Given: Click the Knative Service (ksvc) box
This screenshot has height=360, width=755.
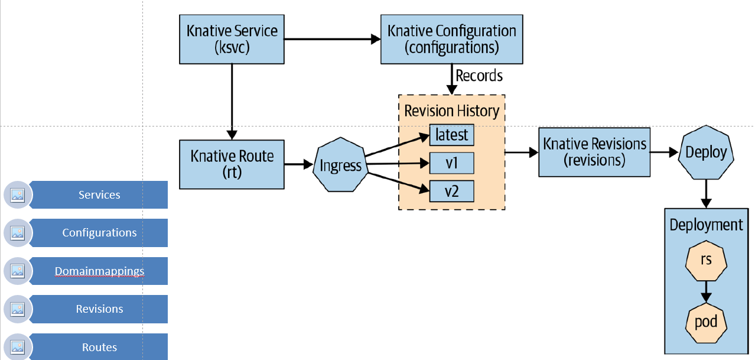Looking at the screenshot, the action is (x=232, y=39).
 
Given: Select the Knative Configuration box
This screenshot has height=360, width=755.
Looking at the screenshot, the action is (x=452, y=39).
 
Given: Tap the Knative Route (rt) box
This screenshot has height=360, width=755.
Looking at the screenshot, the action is (x=232, y=164).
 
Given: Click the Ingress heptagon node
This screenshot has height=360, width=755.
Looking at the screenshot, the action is (x=340, y=165).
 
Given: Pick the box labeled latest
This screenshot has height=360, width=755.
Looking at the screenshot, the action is (x=452, y=135).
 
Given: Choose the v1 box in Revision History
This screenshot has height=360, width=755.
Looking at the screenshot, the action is (x=452, y=163).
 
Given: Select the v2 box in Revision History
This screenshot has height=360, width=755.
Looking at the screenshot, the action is (x=452, y=192).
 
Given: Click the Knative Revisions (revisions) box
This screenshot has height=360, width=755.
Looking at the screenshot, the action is (x=594, y=152).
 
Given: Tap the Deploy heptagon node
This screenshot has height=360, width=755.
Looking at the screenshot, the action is (x=706, y=152).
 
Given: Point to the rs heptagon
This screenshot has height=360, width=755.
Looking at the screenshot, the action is (x=706, y=261).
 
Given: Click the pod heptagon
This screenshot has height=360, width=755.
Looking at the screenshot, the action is (x=706, y=323).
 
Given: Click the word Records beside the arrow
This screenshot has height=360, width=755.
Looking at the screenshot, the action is (x=479, y=76).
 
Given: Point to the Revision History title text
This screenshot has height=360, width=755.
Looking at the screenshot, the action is (x=452, y=111).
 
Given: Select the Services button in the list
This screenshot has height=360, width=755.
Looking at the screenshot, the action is (x=99, y=194).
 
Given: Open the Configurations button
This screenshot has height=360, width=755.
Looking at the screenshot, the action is (x=99, y=233).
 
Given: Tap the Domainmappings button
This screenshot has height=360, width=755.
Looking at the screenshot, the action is (x=99, y=271).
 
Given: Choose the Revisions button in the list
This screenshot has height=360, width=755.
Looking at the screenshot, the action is (x=99, y=309).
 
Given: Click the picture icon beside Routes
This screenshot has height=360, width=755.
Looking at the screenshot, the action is (x=18, y=347).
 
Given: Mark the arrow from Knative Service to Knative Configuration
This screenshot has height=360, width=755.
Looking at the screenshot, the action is (x=333, y=39).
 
